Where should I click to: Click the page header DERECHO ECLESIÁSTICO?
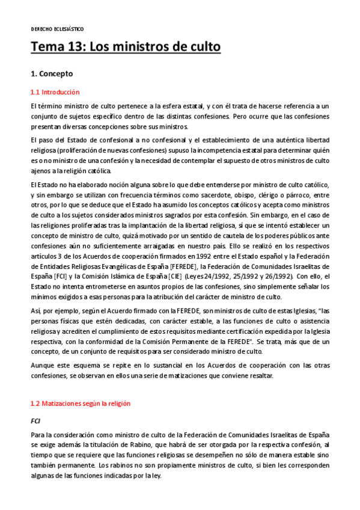pos(57,29)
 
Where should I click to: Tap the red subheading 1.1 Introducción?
pos(55,93)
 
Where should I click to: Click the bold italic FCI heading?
pos(35,421)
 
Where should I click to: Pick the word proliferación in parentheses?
pos(79,150)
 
